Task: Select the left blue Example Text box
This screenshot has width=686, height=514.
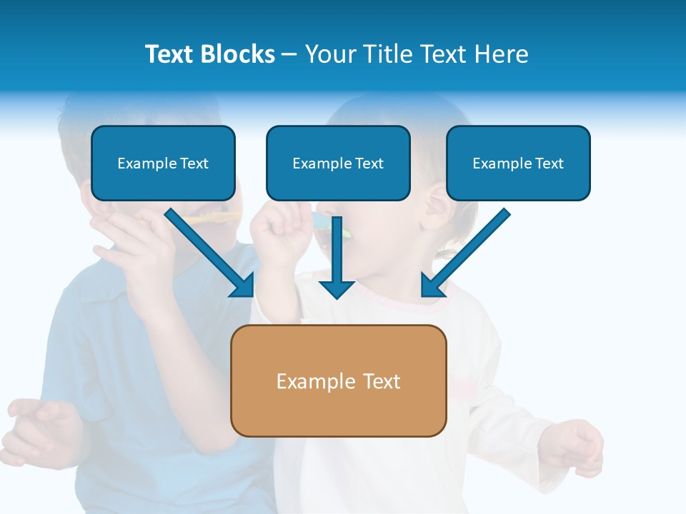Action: (163, 163)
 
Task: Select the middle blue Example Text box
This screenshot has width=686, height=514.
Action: (338, 163)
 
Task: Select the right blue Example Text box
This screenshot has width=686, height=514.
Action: (518, 163)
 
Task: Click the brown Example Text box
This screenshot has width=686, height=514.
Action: (338, 381)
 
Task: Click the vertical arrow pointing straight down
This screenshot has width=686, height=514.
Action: (337, 257)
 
